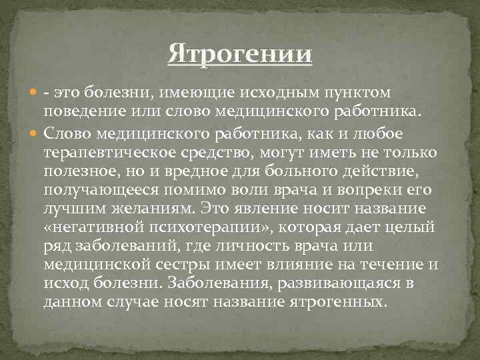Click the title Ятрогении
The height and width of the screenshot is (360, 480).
[240, 53]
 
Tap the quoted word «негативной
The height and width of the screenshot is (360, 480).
[90, 227]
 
